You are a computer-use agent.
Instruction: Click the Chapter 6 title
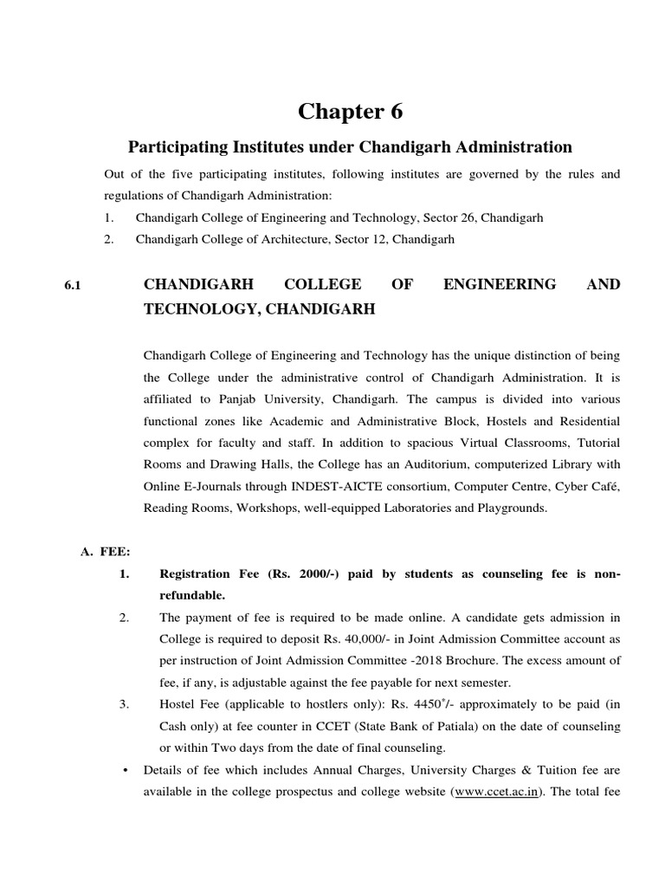pyautogui.click(x=351, y=112)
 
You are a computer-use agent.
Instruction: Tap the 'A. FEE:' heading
pyautogui.click(x=104, y=552)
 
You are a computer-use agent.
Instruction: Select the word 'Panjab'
pyautogui.click(x=214, y=400)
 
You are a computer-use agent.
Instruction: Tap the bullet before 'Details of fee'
pyautogui.click(x=127, y=769)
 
